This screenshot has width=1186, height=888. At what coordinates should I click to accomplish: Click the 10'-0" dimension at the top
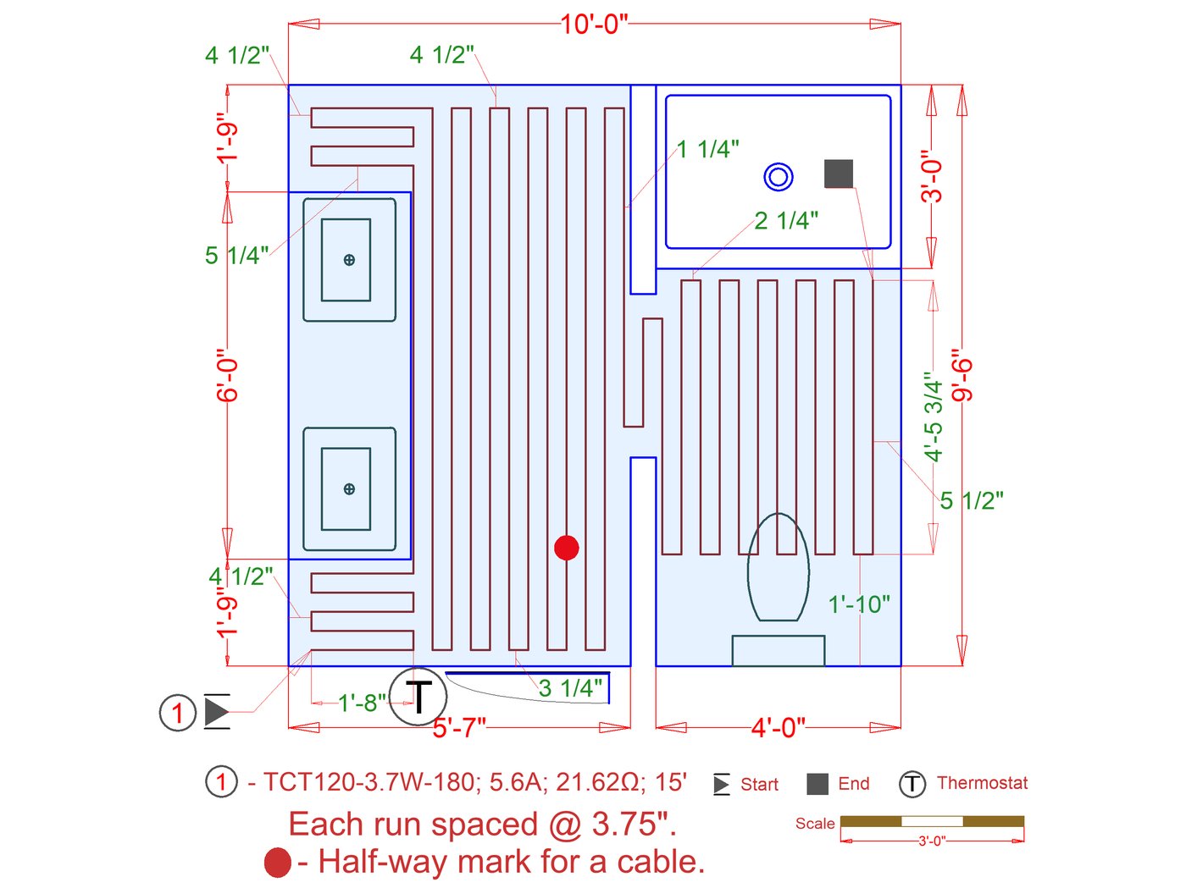point(594,24)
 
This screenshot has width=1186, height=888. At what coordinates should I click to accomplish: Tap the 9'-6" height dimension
point(962,374)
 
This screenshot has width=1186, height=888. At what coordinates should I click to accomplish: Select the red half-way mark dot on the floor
point(566,548)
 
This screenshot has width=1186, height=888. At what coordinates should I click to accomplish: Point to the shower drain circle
point(778,177)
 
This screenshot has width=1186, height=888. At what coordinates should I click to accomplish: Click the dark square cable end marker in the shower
point(838,174)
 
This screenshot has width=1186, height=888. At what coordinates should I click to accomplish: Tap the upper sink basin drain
point(349,260)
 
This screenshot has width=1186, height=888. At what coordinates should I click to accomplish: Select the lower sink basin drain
point(349,488)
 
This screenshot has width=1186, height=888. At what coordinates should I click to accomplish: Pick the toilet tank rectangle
point(778,650)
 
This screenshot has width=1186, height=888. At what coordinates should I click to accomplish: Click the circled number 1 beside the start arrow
point(178,713)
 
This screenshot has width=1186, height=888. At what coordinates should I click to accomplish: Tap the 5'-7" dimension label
point(459,728)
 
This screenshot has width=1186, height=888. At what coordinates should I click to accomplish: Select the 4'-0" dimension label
point(778,727)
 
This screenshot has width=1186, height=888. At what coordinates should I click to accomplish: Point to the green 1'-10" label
point(859,604)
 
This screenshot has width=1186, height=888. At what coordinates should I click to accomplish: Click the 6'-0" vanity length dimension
point(227,374)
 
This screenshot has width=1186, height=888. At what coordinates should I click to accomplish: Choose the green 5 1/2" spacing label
point(971,500)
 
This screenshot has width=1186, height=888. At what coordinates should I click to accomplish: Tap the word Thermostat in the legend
point(982,783)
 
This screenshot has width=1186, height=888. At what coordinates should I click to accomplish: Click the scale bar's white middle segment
point(932,821)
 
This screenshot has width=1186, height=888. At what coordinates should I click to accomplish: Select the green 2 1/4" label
point(786,221)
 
